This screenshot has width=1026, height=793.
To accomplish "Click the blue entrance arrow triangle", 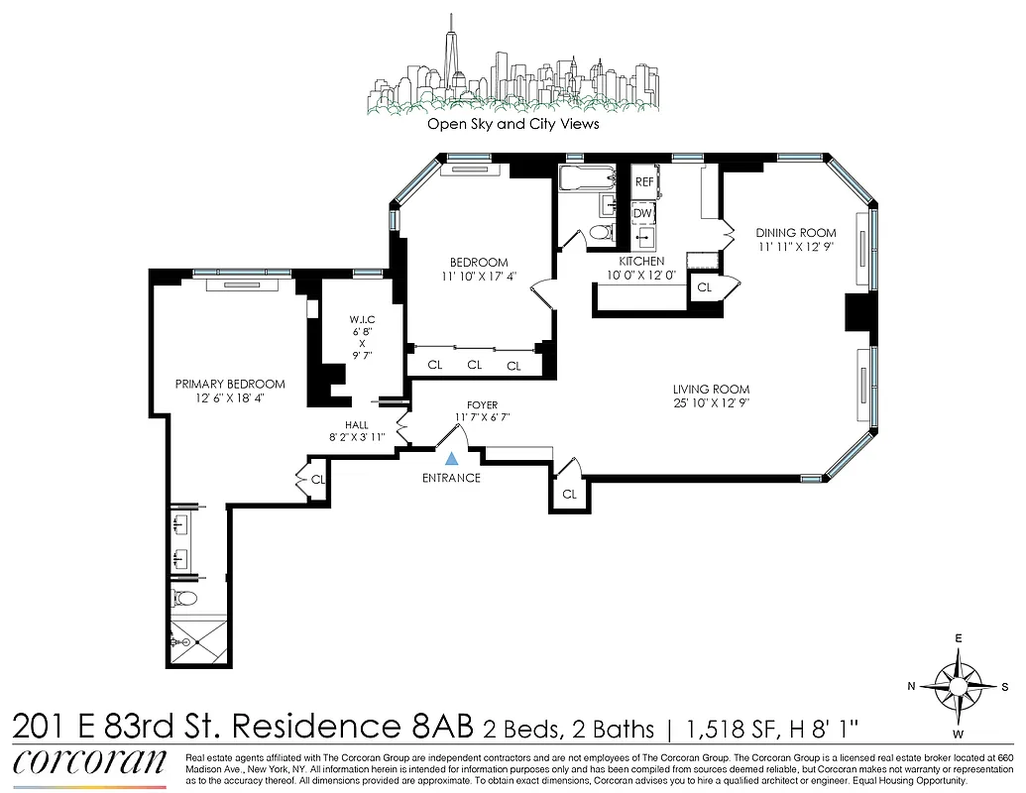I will [451, 458].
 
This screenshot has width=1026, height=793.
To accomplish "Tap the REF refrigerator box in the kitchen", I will [644, 182].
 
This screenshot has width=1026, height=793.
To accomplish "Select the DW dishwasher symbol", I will [643, 212].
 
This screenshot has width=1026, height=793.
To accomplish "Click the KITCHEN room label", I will [641, 261].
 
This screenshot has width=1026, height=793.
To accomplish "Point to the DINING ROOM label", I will [795, 233].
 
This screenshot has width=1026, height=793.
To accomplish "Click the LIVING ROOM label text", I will [711, 390].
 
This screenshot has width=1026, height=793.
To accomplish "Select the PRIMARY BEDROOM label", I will [230, 384].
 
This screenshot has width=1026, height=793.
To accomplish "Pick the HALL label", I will [357, 424].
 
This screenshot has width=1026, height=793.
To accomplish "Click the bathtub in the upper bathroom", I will [586, 179].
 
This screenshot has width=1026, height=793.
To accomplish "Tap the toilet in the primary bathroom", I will [185, 599].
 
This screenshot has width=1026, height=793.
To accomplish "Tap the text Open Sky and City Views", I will [513, 125].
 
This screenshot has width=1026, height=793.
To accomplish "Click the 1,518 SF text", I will [716, 731].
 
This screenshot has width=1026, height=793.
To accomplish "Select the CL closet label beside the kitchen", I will [704, 286].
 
